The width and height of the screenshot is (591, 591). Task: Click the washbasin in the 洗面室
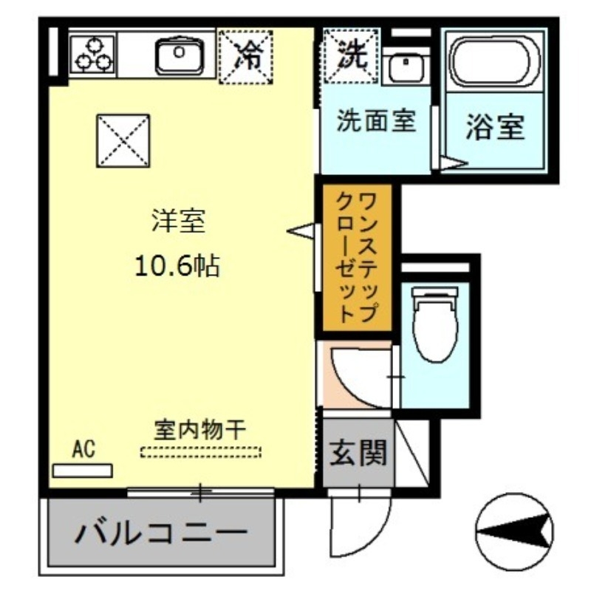(x=405, y=69)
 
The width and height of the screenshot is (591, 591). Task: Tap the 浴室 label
(x=495, y=128)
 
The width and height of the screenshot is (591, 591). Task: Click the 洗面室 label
(x=376, y=120)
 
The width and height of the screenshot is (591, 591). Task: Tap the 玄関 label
(x=358, y=453)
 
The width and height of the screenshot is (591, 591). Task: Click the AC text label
(x=83, y=448)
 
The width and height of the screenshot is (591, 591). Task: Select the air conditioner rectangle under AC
(x=83, y=470)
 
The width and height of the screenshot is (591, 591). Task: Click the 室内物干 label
(x=199, y=429)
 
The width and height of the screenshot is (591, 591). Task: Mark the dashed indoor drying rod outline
(x=201, y=451)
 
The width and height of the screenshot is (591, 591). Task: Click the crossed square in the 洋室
(x=124, y=140)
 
